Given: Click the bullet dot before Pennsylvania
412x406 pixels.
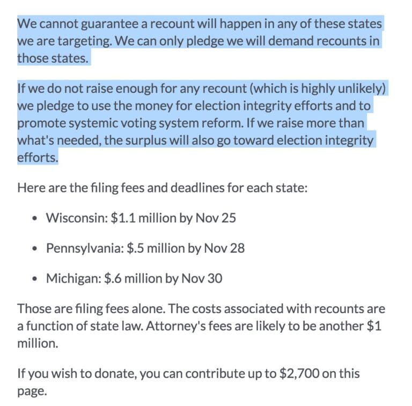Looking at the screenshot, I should [35, 249].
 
